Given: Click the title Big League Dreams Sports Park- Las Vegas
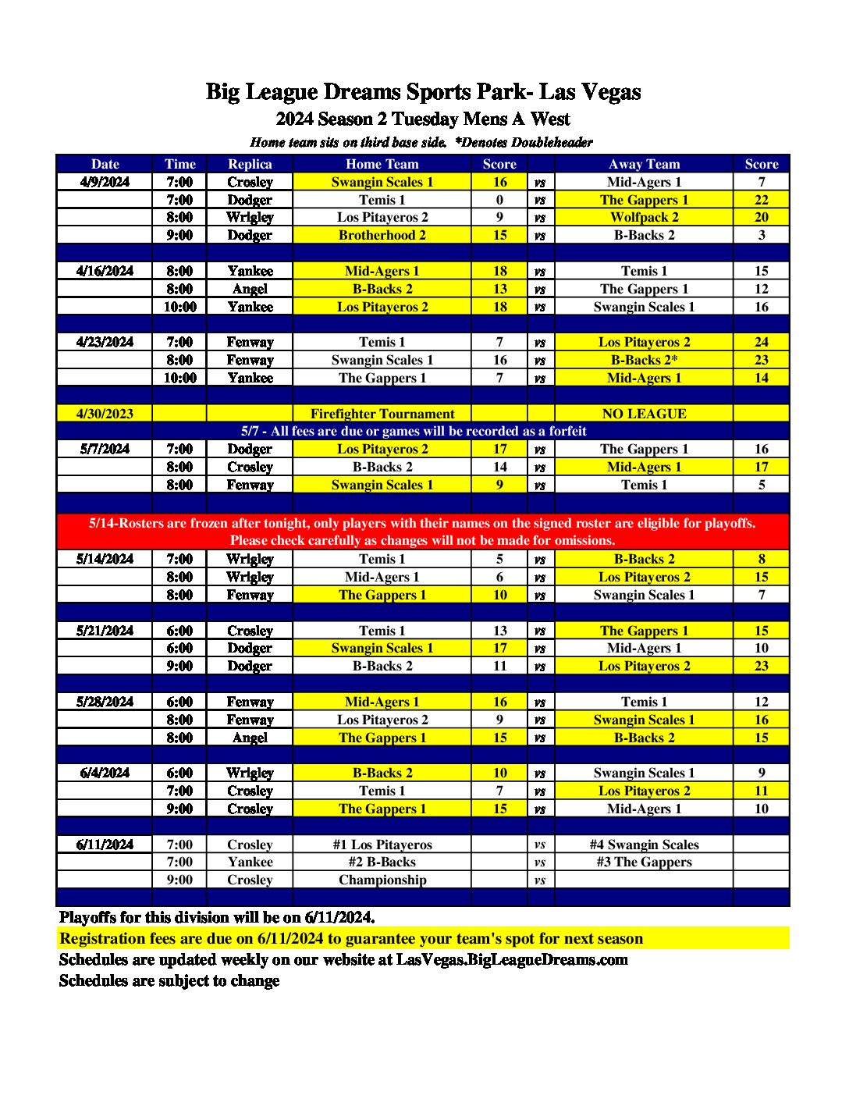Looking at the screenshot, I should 423,92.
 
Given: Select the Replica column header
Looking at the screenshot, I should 250,164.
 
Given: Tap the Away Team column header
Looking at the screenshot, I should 644,164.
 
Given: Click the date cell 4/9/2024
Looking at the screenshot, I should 105,182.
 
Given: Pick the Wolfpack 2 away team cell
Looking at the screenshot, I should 644,217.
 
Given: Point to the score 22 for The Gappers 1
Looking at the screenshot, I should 761,200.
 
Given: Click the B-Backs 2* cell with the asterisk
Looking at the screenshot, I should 644,360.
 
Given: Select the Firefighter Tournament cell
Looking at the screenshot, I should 382,414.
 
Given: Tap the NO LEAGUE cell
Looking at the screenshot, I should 644,414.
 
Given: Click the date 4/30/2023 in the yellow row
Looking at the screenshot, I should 105,414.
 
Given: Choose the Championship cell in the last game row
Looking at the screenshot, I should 382,880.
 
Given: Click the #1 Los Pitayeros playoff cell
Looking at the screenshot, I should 382,845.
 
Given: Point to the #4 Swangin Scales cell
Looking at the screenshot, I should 644,845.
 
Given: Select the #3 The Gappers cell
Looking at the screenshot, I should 644,862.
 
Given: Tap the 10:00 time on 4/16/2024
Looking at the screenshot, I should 179,307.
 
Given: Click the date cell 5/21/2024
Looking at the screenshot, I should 105,631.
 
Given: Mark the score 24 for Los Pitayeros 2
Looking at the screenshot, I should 761,342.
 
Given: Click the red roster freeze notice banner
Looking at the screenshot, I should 422,532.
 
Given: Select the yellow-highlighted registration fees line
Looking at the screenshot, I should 351,938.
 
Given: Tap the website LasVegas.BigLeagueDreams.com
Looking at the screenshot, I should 512,959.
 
